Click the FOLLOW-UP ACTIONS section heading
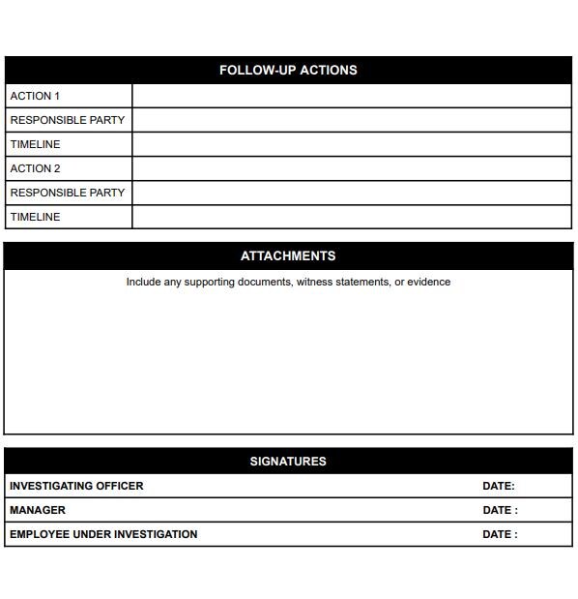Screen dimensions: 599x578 pos(288,71)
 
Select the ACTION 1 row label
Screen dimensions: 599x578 pos(35,96)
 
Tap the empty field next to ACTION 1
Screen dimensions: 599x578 pos(352,96)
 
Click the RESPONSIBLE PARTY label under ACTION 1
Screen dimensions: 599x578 pos(68,120)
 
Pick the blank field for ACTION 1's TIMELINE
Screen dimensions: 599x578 pos(352,144)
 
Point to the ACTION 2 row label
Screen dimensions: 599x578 pos(36,168)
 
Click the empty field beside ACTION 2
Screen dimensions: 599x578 pos(352,168)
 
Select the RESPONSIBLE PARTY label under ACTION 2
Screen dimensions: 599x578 pos(68,193)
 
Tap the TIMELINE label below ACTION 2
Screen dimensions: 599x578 pos(35,217)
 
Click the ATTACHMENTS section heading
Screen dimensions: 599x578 pos(288,256)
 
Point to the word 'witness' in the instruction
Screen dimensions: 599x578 pos(314,283)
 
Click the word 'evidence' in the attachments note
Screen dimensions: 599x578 pos(428,283)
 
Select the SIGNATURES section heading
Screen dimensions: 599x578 pos(288,462)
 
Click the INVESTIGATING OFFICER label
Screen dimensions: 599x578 pos(76,486)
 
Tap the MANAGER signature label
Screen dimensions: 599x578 pos(38,510)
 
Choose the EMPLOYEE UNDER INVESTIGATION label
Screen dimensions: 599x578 pos(103,534)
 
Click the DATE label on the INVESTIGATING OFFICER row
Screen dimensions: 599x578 pos(499,486)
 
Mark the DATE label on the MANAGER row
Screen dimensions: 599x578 pos(500,510)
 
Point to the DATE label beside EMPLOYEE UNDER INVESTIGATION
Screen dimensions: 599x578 pos(500,534)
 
